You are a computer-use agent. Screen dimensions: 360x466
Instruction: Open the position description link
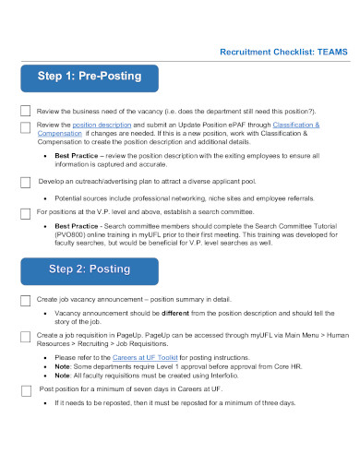coord(101,124)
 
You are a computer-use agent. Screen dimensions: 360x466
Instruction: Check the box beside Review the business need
coord(25,109)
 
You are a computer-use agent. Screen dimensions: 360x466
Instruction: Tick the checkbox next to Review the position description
coord(25,125)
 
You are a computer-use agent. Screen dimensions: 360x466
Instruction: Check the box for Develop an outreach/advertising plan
coord(25,183)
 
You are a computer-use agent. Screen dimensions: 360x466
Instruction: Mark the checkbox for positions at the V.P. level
coord(25,212)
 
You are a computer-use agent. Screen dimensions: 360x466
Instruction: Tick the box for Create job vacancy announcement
coord(25,301)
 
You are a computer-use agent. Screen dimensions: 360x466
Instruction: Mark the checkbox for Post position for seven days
coord(25,390)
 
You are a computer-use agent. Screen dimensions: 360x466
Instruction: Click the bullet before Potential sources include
coord(46,198)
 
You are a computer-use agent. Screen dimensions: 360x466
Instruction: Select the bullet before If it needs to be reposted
coord(46,403)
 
